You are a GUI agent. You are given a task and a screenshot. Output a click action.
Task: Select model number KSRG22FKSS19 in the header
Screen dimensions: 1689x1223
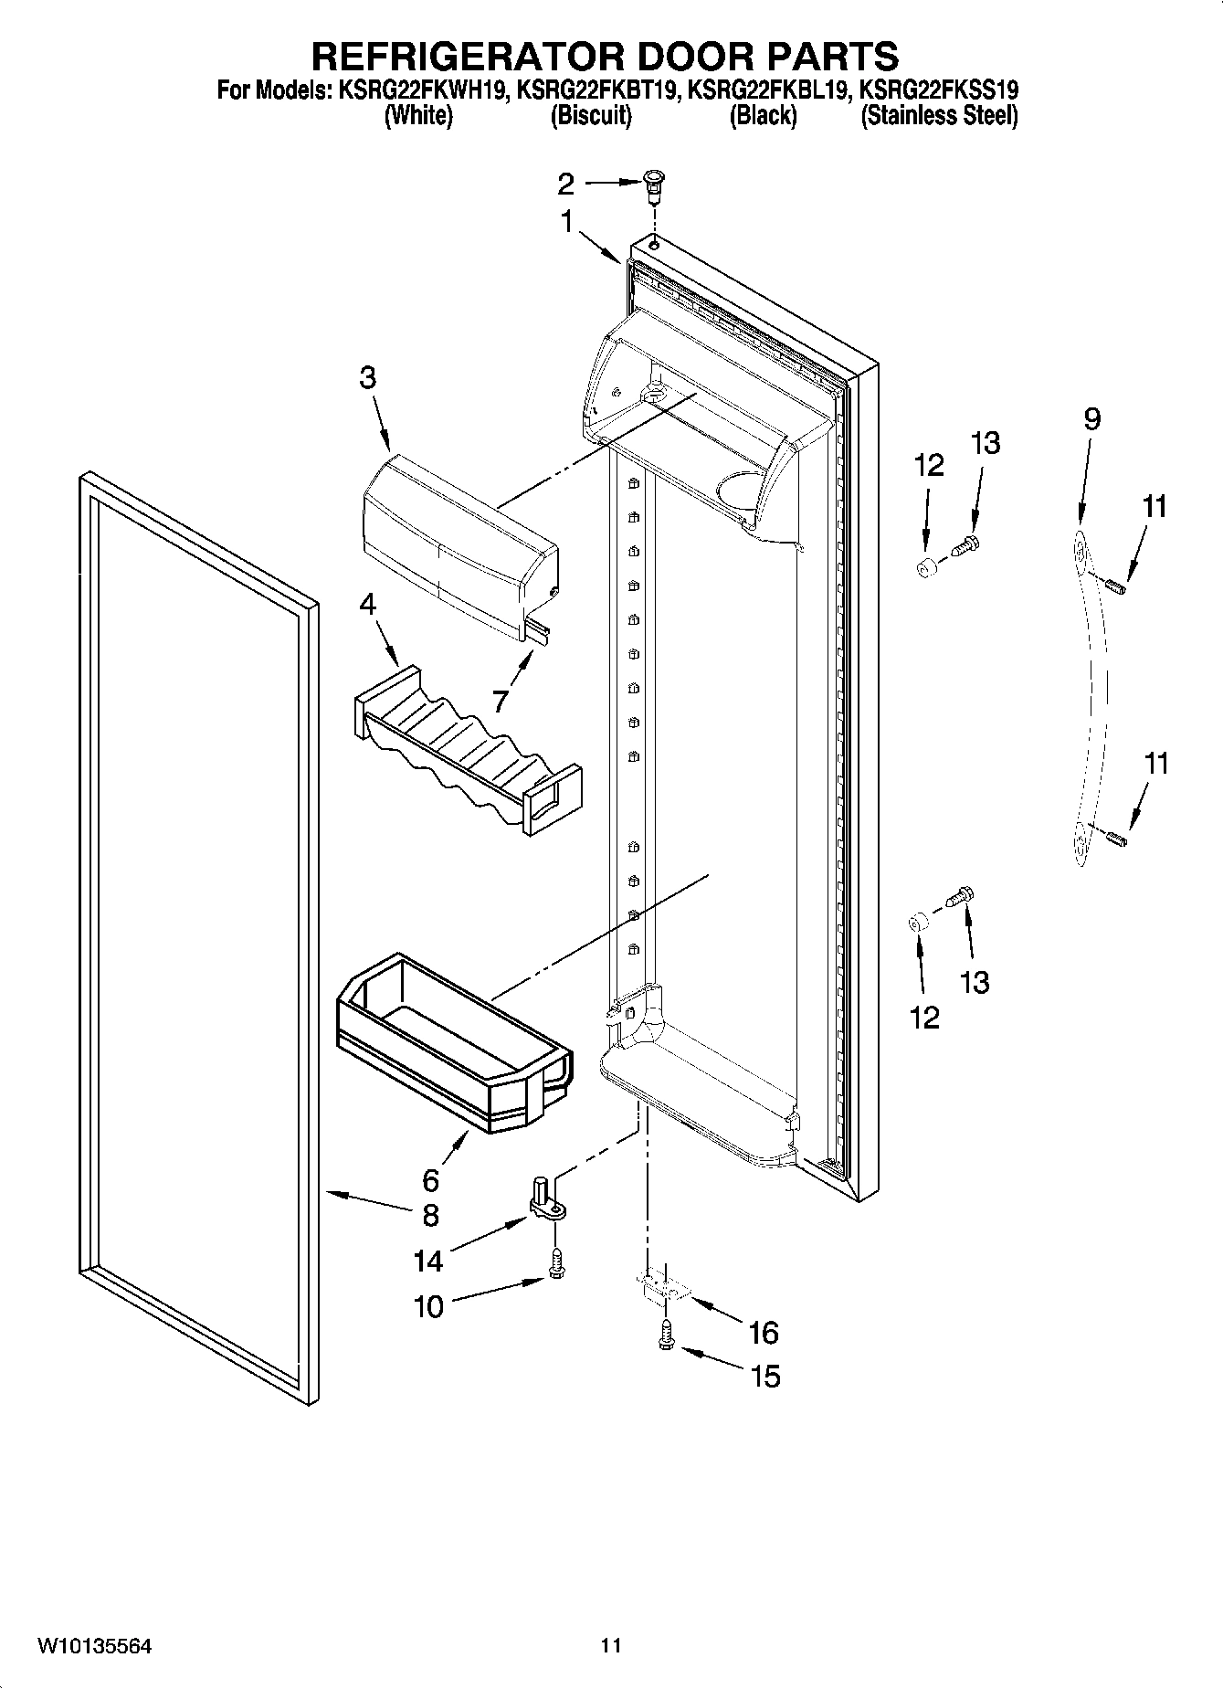pos(939,90)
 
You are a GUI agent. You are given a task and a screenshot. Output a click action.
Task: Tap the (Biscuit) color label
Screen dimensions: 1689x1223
pos(591,116)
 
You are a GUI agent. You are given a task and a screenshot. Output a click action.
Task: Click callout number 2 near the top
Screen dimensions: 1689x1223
pos(565,184)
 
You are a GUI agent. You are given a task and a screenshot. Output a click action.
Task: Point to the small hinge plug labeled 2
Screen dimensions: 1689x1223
pos(653,186)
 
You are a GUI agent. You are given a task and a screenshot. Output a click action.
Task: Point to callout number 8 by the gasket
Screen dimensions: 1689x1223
pos(430,1215)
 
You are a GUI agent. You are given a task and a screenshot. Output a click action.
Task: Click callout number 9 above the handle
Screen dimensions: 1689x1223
pos(1091,419)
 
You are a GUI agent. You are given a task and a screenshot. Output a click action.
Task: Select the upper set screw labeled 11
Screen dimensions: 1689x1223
pos(1116,586)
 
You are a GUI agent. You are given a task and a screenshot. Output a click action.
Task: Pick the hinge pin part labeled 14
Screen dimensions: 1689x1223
pos(543,1200)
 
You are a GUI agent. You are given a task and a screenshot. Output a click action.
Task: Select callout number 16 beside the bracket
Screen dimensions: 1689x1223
pos(763,1332)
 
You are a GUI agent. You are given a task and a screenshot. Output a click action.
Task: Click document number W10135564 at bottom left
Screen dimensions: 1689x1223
pos(94,1646)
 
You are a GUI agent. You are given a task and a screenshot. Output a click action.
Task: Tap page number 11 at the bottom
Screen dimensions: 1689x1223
pos(610,1646)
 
